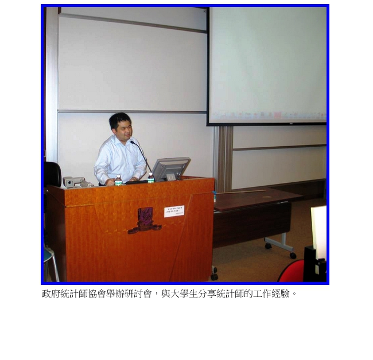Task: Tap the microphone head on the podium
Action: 131,141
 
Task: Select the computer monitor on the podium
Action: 170,169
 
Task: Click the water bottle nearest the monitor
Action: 150,178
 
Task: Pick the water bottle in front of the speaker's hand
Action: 118,181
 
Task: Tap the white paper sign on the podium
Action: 174,212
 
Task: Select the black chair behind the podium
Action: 52,173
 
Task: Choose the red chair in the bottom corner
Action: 292,272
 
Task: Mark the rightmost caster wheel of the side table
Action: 293,255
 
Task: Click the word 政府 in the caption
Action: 51,294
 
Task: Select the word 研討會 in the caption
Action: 138,294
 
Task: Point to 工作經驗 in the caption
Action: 271,294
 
